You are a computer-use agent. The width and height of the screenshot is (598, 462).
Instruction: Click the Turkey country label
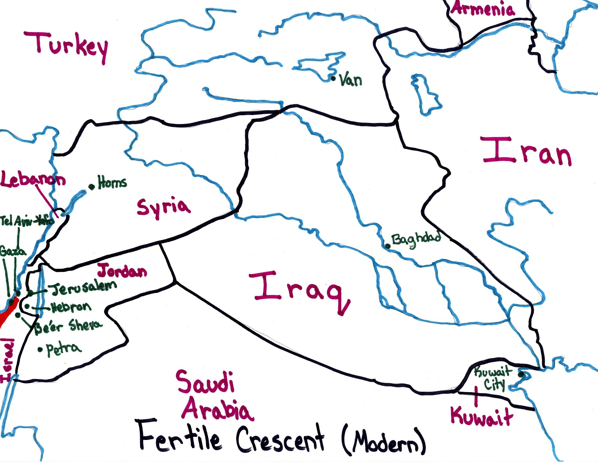click(x=67, y=46)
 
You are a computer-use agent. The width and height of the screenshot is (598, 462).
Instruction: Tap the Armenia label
click(x=483, y=9)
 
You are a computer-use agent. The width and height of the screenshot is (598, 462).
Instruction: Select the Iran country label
click(x=527, y=151)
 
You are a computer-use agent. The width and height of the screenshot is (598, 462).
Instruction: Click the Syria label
click(x=163, y=208)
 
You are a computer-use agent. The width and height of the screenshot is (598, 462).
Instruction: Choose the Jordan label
click(x=122, y=271)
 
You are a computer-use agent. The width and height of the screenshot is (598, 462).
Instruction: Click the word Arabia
click(x=217, y=409)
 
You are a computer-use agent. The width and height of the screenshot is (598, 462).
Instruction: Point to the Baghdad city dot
click(x=388, y=246)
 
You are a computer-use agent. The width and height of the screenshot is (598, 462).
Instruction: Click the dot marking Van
click(x=333, y=78)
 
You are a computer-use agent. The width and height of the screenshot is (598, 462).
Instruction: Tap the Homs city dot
click(x=92, y=187)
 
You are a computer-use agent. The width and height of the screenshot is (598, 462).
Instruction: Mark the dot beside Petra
click(x=40, y=350)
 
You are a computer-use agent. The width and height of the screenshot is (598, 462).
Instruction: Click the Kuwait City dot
click(x=521, y=373)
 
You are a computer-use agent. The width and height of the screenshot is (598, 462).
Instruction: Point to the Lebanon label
click(x=33, y=180)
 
